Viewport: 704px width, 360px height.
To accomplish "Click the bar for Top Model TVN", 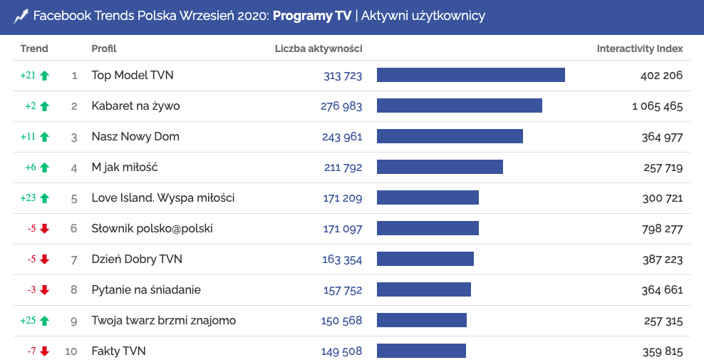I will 470,75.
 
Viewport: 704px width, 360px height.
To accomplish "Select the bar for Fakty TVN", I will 421,351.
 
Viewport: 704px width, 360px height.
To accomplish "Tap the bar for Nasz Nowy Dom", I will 450,136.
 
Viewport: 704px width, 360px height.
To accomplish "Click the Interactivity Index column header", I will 639,48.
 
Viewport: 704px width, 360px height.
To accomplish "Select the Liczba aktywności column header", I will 319,48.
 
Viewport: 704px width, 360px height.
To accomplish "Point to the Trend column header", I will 34,48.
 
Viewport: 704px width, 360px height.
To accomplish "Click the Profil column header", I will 104,48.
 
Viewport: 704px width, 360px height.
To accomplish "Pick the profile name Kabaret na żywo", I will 135,106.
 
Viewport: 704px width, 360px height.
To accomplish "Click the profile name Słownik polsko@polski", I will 152,229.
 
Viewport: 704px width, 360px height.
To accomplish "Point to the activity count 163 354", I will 342,259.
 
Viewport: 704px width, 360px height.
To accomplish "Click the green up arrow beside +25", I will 45,321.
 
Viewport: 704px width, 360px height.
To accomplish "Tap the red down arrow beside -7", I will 45,351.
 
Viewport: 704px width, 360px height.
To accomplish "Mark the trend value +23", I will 28,198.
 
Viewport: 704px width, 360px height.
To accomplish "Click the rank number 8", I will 74,290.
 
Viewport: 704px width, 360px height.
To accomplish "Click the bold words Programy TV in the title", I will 312,16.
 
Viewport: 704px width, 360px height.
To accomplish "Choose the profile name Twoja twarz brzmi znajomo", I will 163,321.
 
